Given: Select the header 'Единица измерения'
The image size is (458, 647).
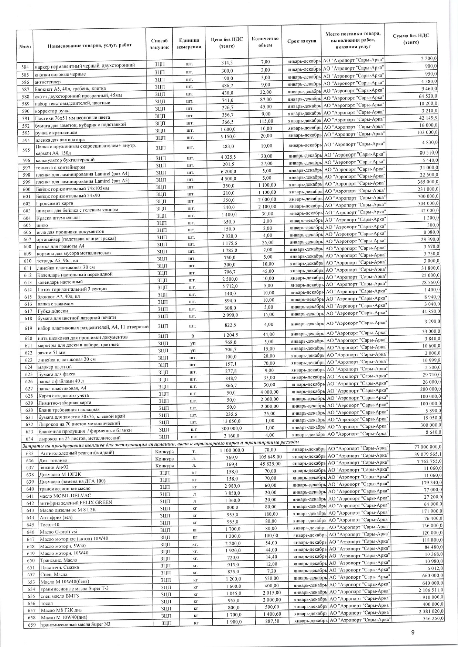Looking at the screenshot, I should pyautogui.click(x=189, y=44).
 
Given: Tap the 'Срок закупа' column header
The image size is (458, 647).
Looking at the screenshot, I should pyautogui.click(x=301, y=41).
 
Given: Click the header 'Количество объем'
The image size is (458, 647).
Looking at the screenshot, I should pyautogui.click(x=265, y=42).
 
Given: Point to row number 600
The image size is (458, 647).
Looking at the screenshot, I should pyautogui.click(x=26, y=189).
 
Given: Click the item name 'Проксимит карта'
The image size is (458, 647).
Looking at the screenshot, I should pyautogui.click(x=55, y=203).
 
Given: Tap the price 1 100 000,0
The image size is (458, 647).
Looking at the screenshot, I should pyautogui.click(x=232, y=450).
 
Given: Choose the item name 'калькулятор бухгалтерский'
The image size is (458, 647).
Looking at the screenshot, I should pyautogui.click(x=65, y=160).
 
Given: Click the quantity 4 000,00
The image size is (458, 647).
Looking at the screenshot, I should pyautogui.click(x=269, y=392).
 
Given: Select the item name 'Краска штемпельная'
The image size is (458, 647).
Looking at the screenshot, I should pyautogui.click(x=58, y=217).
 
